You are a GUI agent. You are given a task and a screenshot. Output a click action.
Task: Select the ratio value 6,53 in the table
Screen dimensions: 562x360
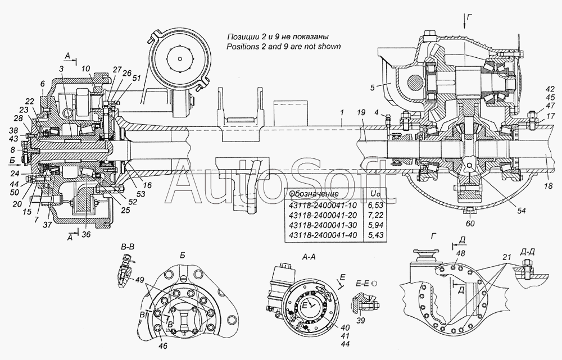pos(377,206)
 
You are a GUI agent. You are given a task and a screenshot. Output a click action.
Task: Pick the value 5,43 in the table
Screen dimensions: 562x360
pos(377,235)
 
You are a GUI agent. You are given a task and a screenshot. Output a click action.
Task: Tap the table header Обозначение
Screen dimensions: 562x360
pos(314,194)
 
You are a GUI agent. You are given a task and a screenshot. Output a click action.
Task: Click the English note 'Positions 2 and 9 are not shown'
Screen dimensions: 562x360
pos(283,46)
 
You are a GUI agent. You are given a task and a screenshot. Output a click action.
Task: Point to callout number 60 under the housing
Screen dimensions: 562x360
pos(470,223)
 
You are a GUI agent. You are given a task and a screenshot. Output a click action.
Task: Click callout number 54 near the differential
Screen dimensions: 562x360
pos(521,211)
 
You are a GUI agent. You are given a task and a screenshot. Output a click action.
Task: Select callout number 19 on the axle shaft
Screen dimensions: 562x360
pos(361,112)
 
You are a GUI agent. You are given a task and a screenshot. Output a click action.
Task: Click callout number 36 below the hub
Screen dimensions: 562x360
pos(86,234)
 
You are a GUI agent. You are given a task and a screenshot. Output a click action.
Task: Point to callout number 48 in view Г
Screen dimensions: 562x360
pos(461,253)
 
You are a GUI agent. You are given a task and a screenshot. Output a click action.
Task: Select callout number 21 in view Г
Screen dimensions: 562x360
pos(506,257)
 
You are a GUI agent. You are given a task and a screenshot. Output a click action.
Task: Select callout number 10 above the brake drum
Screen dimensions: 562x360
pos(85,69)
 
